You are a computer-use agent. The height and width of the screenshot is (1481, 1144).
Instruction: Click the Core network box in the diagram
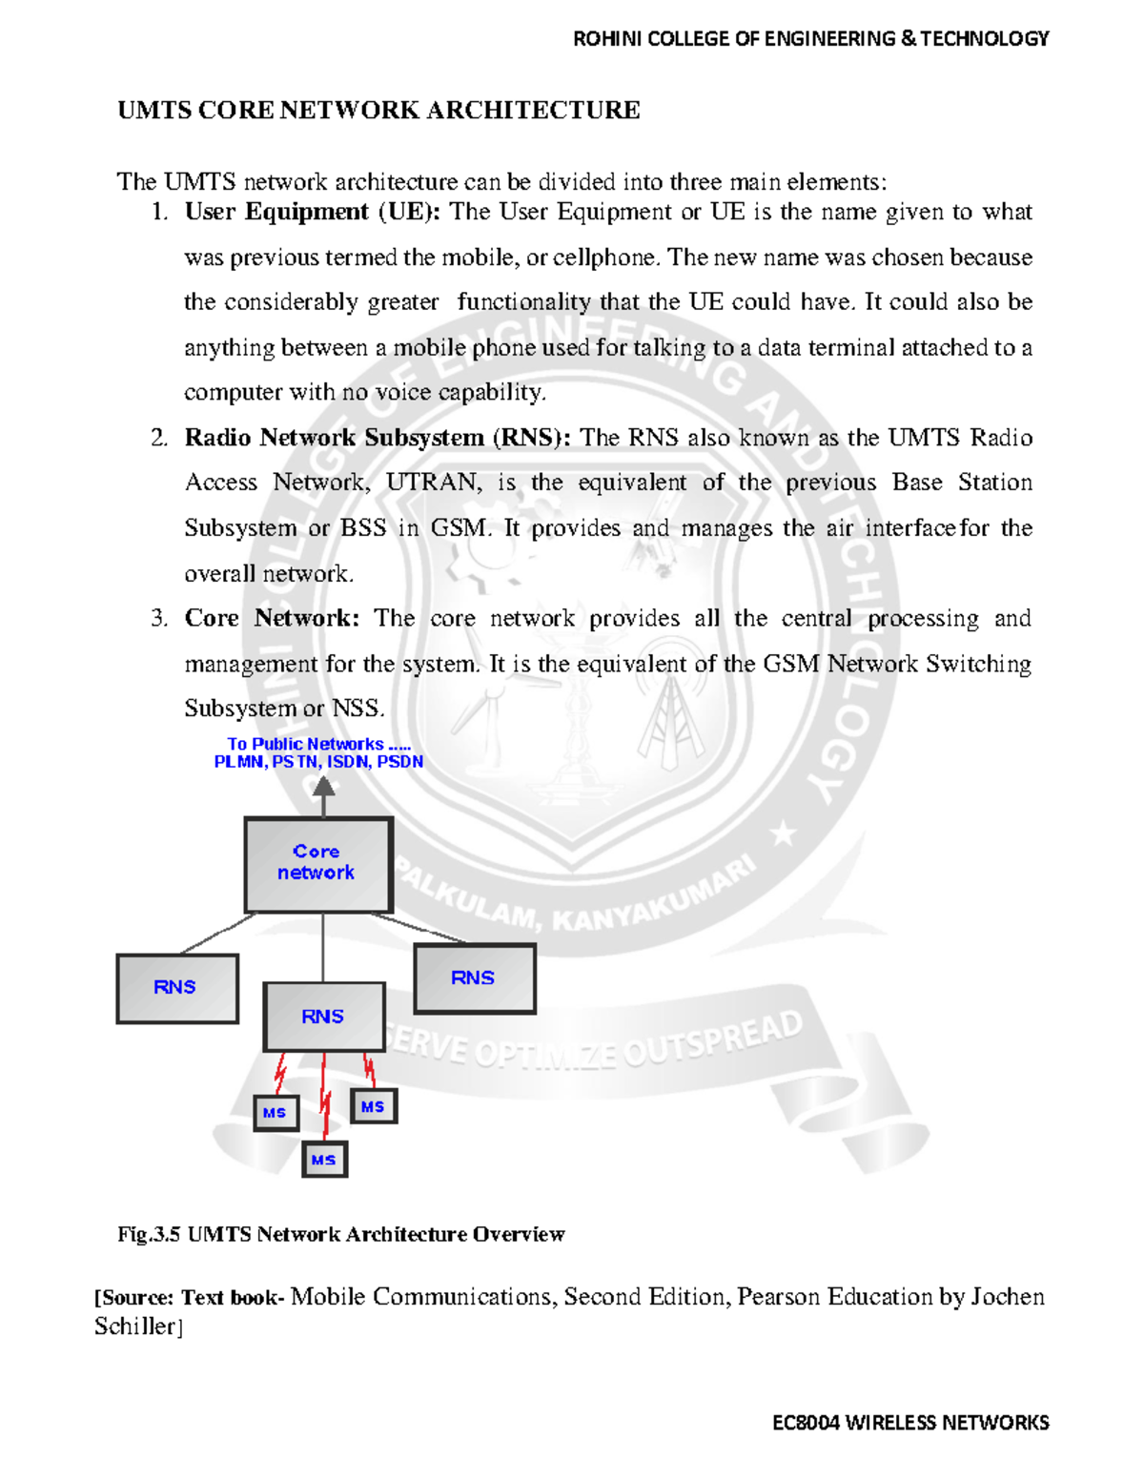318,863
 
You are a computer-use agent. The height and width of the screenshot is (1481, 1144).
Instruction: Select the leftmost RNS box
176,988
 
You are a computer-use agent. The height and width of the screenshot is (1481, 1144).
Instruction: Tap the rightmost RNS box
474,978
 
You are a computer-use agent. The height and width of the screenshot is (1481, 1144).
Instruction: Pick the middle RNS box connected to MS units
323,1017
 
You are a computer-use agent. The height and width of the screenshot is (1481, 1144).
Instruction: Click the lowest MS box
324,1160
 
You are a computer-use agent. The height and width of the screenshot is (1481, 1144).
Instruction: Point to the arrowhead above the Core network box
324,787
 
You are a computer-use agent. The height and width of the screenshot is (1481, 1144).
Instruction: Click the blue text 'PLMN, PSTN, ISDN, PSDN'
318,762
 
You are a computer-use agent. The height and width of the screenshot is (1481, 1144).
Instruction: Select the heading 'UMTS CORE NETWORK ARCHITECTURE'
378,111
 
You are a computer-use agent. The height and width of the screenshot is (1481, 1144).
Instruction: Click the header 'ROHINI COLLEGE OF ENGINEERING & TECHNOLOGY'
810,39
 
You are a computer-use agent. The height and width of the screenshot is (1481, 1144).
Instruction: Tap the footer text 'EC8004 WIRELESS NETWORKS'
910,1423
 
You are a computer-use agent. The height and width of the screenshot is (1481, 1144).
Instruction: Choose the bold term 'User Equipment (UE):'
312,212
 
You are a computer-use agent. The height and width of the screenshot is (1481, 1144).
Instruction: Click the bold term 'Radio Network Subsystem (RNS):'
378,438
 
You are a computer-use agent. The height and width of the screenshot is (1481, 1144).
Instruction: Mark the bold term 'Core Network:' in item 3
272,618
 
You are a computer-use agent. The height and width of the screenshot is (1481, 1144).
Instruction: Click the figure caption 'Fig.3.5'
149,1235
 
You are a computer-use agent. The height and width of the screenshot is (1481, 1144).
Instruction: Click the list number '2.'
159,438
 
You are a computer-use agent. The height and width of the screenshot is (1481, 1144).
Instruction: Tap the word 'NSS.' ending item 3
358,709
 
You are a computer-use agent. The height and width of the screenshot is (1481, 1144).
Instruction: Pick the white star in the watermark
784,835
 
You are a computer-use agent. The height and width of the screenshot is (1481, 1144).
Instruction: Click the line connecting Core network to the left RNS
217,934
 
